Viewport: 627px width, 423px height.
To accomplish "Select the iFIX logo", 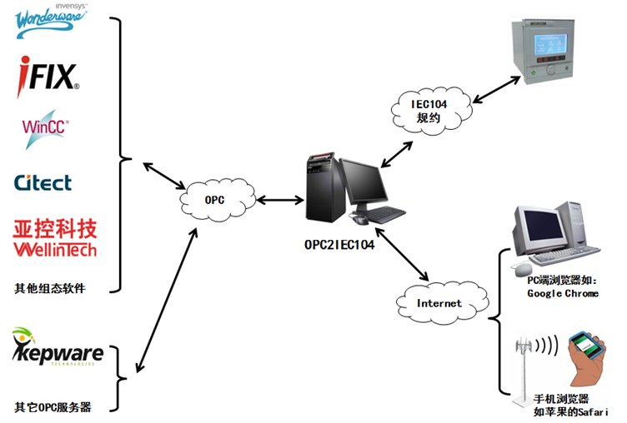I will [x=49, y=76].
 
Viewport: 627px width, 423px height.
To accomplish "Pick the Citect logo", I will [x=43, y=182].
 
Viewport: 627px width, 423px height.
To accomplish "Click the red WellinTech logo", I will [x=55, y=237].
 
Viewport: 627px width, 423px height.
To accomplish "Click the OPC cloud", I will [x=214, y=201].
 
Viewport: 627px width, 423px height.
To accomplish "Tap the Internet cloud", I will [x=439, y=303].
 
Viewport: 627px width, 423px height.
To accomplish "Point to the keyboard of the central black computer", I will [x=385, y=214].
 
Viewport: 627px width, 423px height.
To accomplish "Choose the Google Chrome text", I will [x=563, y=293].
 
